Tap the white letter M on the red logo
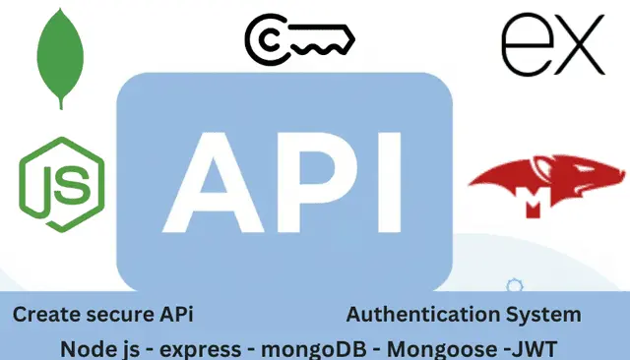539,206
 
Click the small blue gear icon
512,286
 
